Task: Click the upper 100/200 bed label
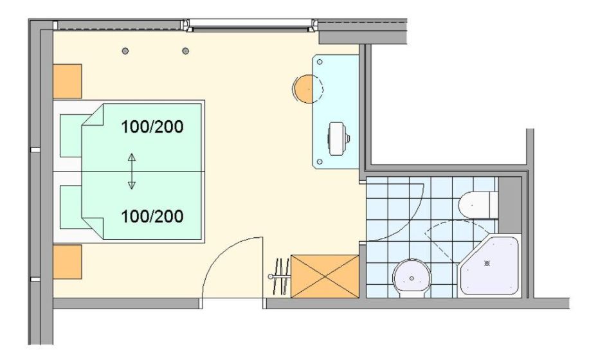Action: (x=152, y=127)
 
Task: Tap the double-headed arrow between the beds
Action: (x=131, y=171)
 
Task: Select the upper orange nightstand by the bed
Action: (x=67, y=80)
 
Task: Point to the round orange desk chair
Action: (x=305, y=88)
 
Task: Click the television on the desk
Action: (x=338, y=139)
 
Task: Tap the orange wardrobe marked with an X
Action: (x=324, y=276)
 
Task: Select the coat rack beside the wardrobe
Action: (x=278, y=276)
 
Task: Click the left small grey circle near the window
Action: (x=125, y=51)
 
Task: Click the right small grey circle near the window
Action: (x=185, y=51)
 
